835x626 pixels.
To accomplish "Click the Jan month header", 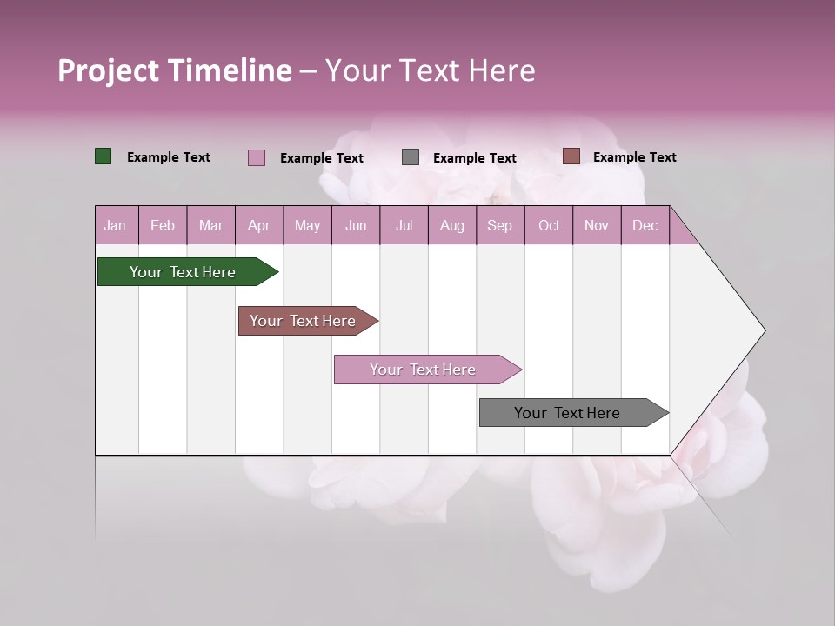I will [115, 225].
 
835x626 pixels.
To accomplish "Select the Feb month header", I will [163, 225].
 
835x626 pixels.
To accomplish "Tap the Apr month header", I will [258, 225].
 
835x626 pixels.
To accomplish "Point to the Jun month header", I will [356, 225].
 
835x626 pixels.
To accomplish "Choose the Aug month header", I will [451, 225].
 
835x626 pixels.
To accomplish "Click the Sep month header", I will [499, 225].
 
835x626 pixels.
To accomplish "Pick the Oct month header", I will [549, 225].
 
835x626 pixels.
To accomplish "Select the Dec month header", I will [645, 225].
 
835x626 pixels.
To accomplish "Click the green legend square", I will [104, 156].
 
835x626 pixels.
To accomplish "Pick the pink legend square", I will [257, 157].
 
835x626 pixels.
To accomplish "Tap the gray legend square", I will [411, 157].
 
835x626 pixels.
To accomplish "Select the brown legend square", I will [571, 156].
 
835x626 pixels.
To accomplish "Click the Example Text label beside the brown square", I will [634, 157].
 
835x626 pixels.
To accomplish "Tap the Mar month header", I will [210, 225].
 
